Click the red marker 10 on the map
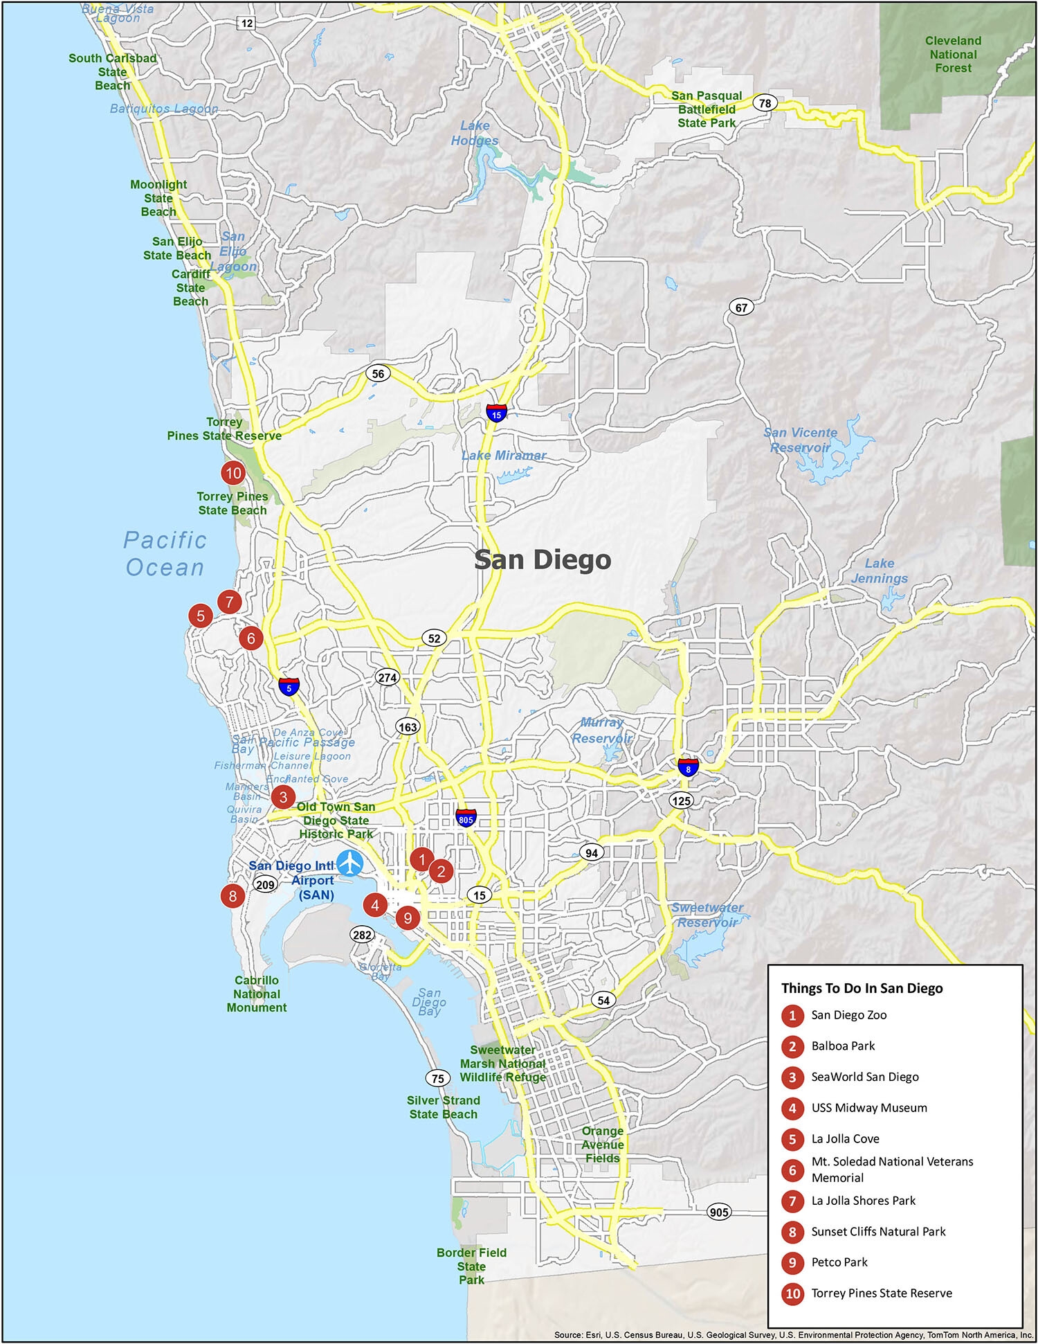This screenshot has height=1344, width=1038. click(233, 474)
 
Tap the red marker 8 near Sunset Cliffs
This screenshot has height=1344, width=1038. click(233, 896)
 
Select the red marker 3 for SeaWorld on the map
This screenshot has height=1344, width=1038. click(283, 797)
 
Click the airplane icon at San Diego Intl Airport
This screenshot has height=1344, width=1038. click(351, 863)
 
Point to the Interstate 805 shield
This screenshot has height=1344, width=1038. click(466, 817)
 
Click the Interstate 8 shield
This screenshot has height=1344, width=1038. click(688, 767)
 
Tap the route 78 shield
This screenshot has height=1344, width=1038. click(765, 103)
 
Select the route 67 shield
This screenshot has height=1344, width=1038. click(741, 307)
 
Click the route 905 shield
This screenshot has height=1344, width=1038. click(719, 1212)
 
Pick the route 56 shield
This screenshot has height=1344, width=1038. click(378, 374)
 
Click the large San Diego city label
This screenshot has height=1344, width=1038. click(543, 559)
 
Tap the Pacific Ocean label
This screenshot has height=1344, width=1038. click(165, 554)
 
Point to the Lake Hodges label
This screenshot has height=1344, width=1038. click(475, 133)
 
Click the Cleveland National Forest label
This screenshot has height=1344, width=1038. click(953, 55)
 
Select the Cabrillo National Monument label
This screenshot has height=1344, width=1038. click(257, 994)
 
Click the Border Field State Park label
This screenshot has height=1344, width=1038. click(471, 1266)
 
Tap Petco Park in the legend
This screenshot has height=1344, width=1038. click(839, 1262)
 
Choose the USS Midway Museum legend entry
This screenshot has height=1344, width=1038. click(868, 1108)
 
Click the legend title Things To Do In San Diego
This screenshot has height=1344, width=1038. click(862, 988)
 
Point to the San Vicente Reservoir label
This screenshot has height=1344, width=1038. click(800, 440)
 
